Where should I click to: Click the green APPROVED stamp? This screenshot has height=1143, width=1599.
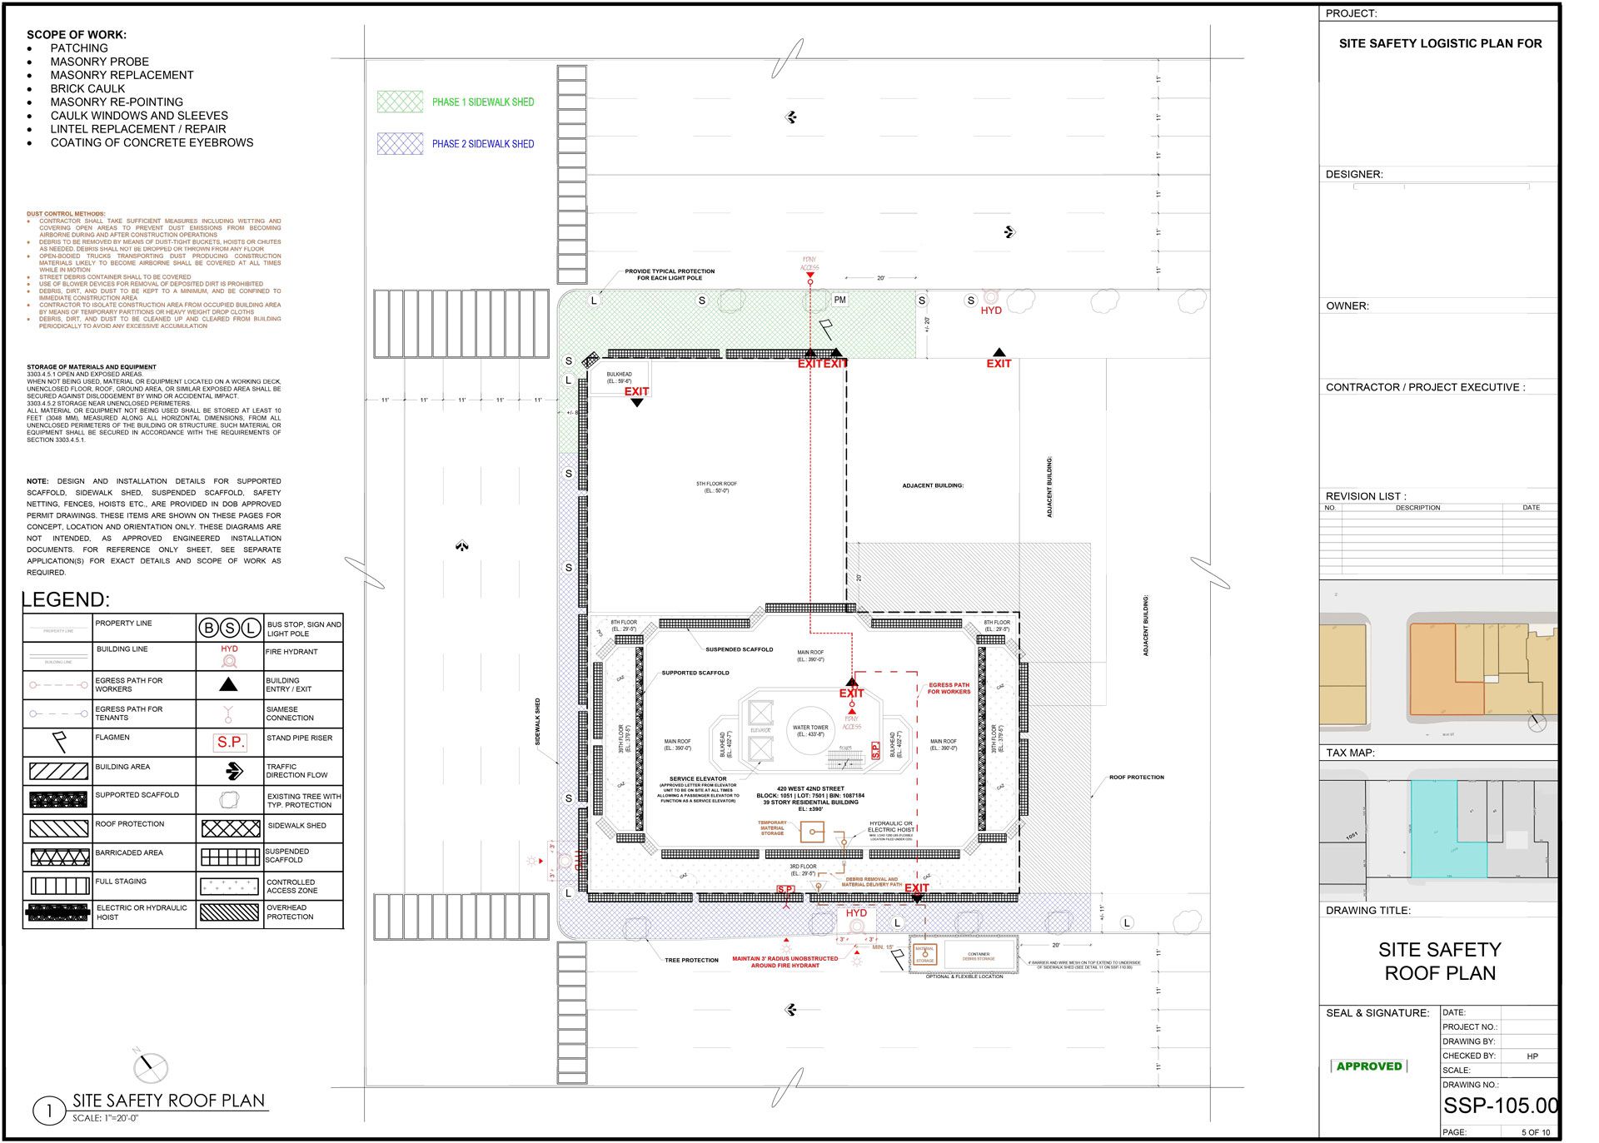pyautogui.click(x=1368, y=1066)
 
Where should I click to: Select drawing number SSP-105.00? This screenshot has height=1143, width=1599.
pyautogui.click(x=1500, y=1106)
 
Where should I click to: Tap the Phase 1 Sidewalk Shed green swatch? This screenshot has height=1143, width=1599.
pyautogui.click(x=400, y=102)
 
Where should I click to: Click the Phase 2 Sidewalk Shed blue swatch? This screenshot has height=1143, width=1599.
pyautogui.click(x=400, y=143)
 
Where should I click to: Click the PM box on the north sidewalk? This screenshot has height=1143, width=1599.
pyautogui.click(x=839, y=300)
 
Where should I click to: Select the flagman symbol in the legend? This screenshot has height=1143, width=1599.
pyautogui.click(x=59, y=740)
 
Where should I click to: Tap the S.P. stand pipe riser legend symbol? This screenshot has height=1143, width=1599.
pyautogui.click(x=230, y=742)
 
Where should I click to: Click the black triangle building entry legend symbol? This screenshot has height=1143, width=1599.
pyautogui.click(x=228, y=684)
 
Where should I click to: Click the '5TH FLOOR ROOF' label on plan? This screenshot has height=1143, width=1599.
pyautogui.click(x=716, y=487)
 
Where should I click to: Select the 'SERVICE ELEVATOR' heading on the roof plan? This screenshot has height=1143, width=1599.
pyautogui.click(x=698, y=779)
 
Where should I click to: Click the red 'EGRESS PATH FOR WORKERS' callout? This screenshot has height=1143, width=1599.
pyautogui.click(x=949, y=688)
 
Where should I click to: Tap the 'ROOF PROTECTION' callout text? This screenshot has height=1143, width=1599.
pyautogui.click(x=1136, y=778)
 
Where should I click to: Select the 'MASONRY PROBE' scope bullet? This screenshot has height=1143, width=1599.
pyautogui.click(x=99, y=62)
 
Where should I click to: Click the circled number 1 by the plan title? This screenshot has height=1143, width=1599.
pyautogui.click(x=49, y=1111)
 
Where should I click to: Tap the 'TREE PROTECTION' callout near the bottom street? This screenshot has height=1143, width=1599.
pyautogui.click(x=691, y=961)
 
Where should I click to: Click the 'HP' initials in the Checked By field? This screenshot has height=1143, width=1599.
pyautogui.click(x=1532, y=1056)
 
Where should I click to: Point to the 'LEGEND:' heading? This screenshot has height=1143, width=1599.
pyautogui.click(x=66, y=599)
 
